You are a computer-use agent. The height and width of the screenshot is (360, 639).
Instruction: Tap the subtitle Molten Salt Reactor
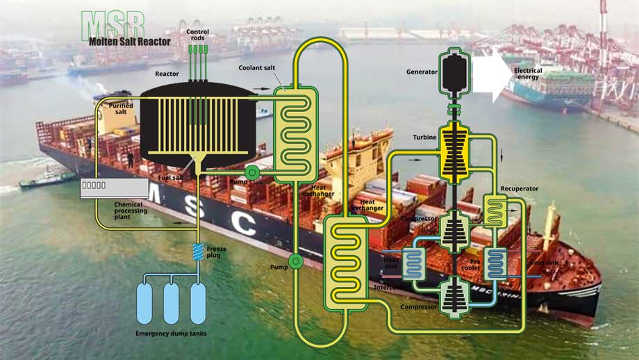[x=130, y=41]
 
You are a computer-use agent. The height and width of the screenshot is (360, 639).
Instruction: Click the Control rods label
[x=197, y=35]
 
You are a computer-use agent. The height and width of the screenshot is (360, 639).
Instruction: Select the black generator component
[x=456, y=73]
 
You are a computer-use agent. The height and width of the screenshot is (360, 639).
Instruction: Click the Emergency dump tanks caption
[x=171, y=334]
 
